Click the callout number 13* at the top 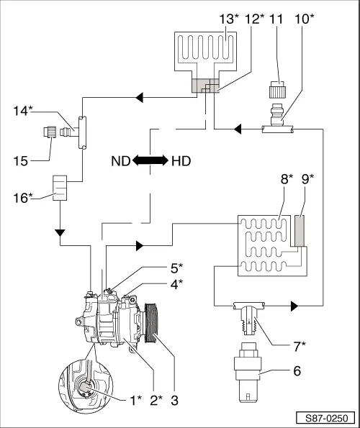point(229,19)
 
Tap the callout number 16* point(23,198)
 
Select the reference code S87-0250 point(326,418)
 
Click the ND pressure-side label point(121,161)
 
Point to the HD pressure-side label point(181,161)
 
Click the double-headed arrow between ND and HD point(150,160)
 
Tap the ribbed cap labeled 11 point(277,89)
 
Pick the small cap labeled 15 point(50,132)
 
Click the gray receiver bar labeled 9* point(300,231)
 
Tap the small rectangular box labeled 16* point(60,188)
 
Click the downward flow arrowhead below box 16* point(60,233)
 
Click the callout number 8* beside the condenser point(287,179)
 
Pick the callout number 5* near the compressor point(176,268)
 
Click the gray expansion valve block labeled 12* point(206,86)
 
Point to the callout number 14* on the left point(23,111)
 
